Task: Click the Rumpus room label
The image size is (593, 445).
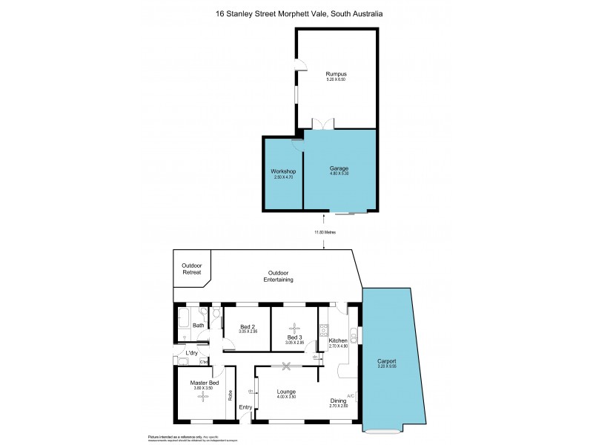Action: point(337,73)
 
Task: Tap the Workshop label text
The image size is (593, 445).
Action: point(283,171)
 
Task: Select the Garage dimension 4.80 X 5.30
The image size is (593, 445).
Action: point(339,174)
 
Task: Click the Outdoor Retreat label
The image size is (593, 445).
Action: point(192,268)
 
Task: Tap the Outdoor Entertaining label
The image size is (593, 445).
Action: point(279,277)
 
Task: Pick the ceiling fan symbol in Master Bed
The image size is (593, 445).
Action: point(202,397)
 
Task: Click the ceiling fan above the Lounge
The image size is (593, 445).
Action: point(286,365)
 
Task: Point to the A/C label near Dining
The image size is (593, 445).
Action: point(351,395)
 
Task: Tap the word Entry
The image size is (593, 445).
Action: point(245,406)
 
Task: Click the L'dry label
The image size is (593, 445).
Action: point(192,352)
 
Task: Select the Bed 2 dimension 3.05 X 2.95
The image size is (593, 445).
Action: point(248,332)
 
